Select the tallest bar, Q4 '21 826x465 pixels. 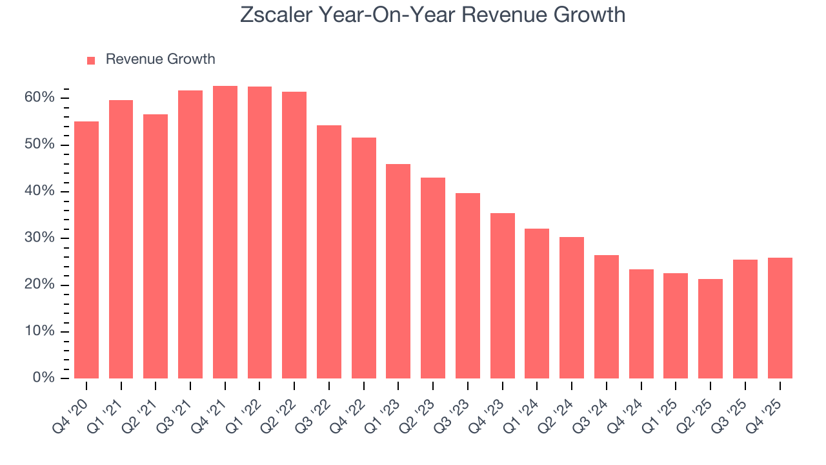pyautogui.click(x=225, y=232)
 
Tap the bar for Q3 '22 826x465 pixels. pyautogui.click(x=329, y=252)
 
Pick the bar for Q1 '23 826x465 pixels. pyautogui.click(x=398, y=271)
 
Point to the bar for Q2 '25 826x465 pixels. pyautogui.click(x=710, y=329)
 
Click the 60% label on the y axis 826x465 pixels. pyautogui.click(x=40, y=98)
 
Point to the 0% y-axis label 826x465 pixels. pyautogui.click(x=44, y=378)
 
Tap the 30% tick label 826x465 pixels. pyautogui.click(x=40, y=238)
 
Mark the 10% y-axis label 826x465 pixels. pyautogui.click(x=40, y=331)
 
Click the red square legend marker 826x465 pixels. pyautogui.click(x=91, y=60)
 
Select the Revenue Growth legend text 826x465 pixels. pyautogui.click(x=160, y=59)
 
